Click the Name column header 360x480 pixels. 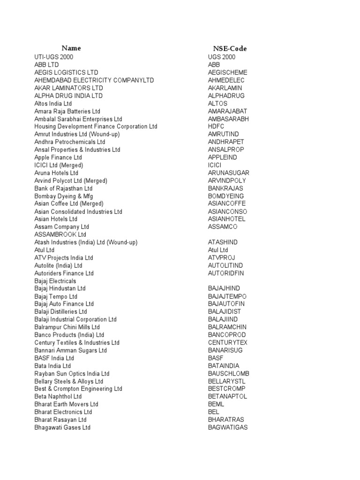coord(71,48)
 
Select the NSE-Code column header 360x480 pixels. coord(230,48)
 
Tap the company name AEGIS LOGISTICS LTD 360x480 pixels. coord(66,73)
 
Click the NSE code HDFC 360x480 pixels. coord(216,127)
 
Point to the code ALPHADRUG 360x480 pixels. coord(226,96)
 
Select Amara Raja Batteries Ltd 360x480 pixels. coord(67,111)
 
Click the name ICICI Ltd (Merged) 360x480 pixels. coord(59,165)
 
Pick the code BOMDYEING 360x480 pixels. coord(226,196)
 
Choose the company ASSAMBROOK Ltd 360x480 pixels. coord(60,234)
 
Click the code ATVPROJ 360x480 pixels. coord(222,257)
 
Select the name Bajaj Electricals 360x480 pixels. coord(55,281)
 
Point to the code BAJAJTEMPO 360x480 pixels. coord(227,296)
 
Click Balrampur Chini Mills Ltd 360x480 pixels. coord(67,327)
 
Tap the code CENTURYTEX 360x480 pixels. coord(228,342)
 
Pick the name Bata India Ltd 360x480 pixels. coord(52,366)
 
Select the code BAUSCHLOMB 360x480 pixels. coord(229,373)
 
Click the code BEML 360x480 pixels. coord(216,404)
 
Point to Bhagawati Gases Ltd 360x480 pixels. coord(62,427)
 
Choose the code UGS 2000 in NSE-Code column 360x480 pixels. coord(222,57)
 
